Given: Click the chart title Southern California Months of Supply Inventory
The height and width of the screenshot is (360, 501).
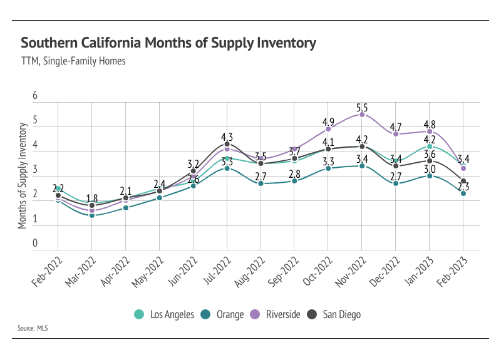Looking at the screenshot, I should [168, 43].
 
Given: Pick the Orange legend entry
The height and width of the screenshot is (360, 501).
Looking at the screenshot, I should [224, 314].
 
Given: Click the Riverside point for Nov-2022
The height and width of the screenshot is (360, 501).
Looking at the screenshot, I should [362, 115].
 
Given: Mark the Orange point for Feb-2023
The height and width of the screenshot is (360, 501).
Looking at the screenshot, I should [463, 193].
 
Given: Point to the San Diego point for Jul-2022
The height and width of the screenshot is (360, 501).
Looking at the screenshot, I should [227, 144].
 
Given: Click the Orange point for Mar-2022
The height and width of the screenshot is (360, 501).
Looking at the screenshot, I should [92, 215].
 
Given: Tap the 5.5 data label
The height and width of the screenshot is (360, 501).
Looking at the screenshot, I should [362, 107].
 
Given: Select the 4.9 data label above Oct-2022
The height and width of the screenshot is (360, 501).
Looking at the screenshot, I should [328, 121].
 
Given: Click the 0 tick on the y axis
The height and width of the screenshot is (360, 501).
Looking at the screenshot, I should [36, 244].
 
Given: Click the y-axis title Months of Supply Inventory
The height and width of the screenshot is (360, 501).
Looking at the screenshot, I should [23, 176].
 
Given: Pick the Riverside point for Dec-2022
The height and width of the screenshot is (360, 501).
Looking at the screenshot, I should [396, 134].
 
